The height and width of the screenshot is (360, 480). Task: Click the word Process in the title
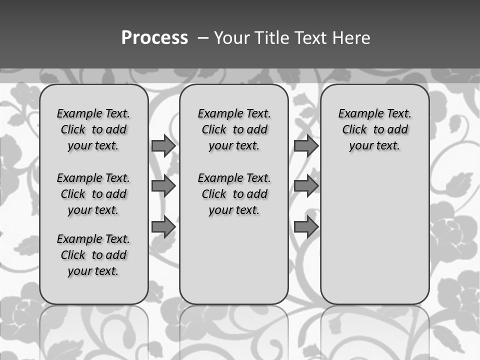pos(154,38)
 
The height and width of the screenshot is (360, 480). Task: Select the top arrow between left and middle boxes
pos(163,146)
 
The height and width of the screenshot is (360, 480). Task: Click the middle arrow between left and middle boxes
pos(163,186)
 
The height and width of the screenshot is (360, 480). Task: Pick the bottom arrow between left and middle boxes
pos(163,226)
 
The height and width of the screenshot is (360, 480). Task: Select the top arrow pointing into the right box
pos(306,146)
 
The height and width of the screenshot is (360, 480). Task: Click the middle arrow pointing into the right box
pos(306,186)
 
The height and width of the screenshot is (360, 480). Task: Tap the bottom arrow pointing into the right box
pos(306,226)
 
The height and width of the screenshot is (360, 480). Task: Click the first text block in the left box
pos(93,129)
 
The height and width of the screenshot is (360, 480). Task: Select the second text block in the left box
pos(93,194)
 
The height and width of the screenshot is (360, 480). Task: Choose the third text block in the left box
pos(93,255)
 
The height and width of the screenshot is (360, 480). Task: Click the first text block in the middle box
pos(234,129)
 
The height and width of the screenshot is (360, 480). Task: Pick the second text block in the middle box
pos(234,194)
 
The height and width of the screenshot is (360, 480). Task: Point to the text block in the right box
pos(374,129)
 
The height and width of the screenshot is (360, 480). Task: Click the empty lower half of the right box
pos(374,240)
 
